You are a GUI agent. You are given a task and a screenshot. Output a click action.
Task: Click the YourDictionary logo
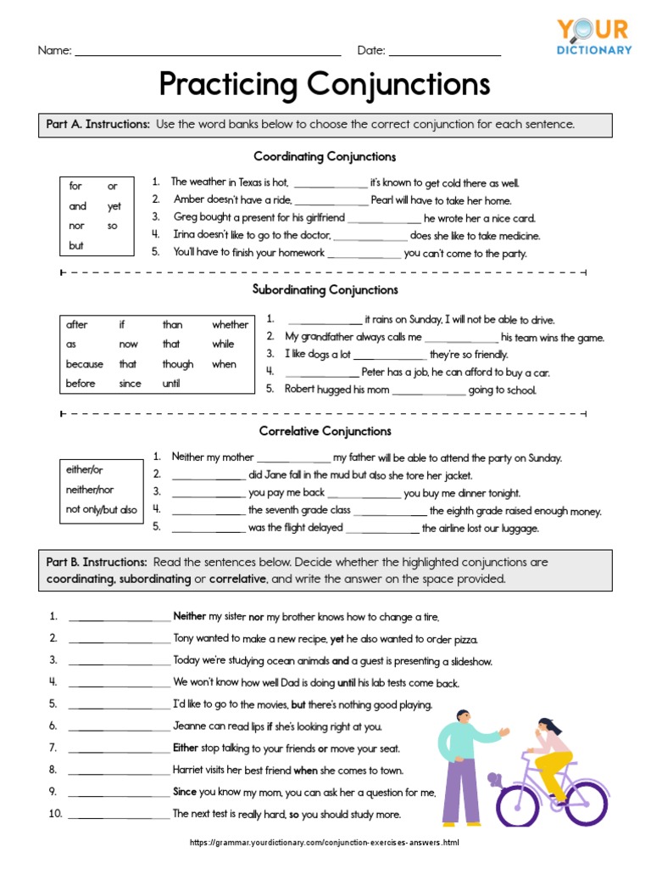click(593, 37)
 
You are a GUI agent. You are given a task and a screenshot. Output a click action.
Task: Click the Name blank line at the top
click(208, 53)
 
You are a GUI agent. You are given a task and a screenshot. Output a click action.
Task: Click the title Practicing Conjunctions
click(325, 85)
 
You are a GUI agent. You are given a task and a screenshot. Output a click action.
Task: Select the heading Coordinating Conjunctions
click(325, 157)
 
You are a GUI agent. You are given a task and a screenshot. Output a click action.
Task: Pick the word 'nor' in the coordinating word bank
click(76, 226)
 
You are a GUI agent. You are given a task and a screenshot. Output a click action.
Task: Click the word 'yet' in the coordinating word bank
click(114, 206)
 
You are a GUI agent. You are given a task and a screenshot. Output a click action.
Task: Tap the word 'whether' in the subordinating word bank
click(230, 324)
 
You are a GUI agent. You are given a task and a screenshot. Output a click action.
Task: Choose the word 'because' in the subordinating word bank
click(85, 364)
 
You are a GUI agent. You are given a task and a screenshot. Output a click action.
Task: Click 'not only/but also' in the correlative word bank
click(101, 510)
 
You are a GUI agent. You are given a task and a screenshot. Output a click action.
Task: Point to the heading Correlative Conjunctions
click(325, 431)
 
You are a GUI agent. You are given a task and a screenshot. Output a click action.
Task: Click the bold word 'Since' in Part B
click(185, 792)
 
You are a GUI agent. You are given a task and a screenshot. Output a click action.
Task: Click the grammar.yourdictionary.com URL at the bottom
click(325, 843)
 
